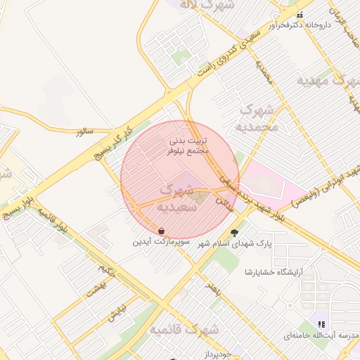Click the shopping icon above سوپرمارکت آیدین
162,231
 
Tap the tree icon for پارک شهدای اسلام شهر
234,232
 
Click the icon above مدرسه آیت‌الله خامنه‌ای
321,324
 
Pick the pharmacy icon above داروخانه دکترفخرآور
300,15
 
